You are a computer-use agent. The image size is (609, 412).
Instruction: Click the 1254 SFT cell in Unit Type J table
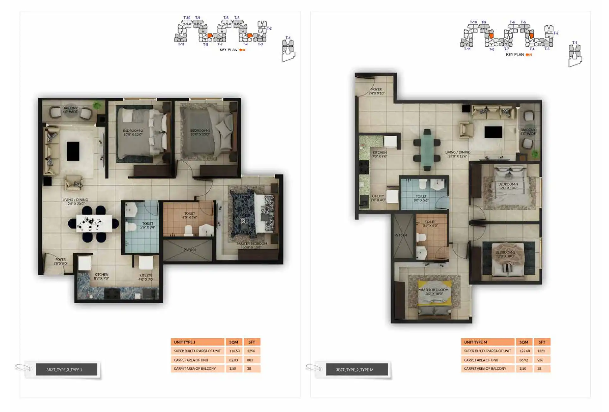(251, 351)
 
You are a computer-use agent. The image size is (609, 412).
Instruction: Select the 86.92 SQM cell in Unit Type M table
(523, 360)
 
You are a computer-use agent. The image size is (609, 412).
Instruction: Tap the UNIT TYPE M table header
(487, 342)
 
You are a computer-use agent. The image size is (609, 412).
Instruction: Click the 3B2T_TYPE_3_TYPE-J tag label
(64, 370)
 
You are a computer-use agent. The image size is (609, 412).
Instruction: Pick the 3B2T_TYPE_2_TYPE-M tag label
(355, 370)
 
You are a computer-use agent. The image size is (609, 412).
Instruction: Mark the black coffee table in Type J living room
(73, 151)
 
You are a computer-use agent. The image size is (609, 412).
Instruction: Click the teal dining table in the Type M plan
(427, 150)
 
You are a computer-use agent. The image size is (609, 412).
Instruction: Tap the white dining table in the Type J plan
(94, 223)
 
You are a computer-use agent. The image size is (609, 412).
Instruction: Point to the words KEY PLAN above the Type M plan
(515, 55)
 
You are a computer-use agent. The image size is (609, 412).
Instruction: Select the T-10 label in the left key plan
(187, 18)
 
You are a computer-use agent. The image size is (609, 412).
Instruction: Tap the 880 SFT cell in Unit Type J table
(250, 360)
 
